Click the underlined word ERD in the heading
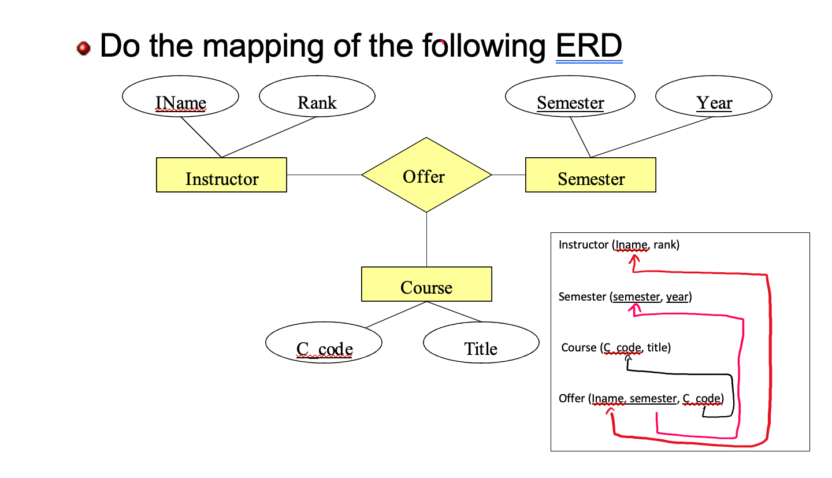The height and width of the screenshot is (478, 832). (x=588, y=46)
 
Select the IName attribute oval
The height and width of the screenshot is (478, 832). (x=180, y=99)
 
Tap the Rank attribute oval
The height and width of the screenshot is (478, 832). (x=317, y=98)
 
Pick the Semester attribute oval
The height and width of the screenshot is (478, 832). (x=570, y=98)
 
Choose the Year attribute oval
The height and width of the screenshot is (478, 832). (x=714, y=98)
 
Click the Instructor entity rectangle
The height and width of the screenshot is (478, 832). (x=221, y=175)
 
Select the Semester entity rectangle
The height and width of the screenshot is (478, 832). (x=590, y=175)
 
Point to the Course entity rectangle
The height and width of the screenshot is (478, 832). (x=426, y=284)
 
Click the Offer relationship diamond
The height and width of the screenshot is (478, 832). (x=426, y=175)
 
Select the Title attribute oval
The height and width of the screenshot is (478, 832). (x=481, y=344)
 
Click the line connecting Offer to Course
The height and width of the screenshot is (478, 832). (x=426, y=239)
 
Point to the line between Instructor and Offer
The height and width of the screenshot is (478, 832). (x=324, y=175)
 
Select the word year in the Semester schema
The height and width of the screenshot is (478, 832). (x=677, y=297)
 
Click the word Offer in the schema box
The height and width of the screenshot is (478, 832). (x=571, y=398)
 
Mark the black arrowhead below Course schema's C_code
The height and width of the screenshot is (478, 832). (x=628, y=360)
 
